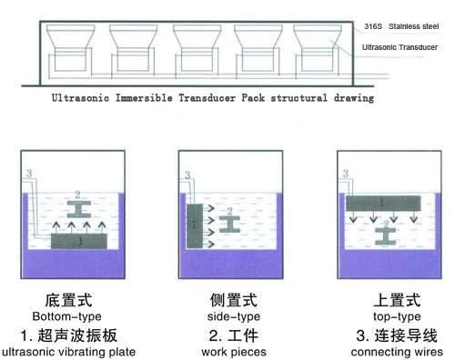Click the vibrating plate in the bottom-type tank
coord(79,243)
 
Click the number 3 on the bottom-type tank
coord(29,173)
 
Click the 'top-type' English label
coord(394,316)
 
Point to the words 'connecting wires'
coord(395,351)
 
